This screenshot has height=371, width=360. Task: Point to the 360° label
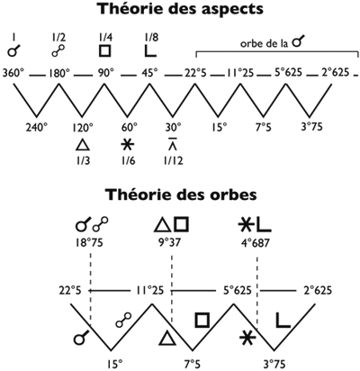tap(13, 73)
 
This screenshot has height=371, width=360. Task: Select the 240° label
tap(36, 128)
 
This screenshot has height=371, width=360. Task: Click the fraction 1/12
tap(173, 161)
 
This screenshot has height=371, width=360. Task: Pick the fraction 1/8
tap(151, 38)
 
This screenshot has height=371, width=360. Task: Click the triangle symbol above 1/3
tap(83, 145)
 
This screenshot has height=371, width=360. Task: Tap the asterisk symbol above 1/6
tap(128, 145)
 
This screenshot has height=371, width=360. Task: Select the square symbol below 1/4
tap(105, 50)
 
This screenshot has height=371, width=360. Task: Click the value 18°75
tap(89, 242)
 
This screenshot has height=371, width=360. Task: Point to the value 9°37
tap(170, 242)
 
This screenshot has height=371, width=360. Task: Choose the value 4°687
tap(256, 242)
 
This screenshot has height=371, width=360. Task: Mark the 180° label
tap(59, 73)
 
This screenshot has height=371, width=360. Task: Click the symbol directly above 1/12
tap(173, 143)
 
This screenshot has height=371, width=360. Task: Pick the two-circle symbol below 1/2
tap(58, 50)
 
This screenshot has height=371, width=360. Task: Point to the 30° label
tap(174, 128)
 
